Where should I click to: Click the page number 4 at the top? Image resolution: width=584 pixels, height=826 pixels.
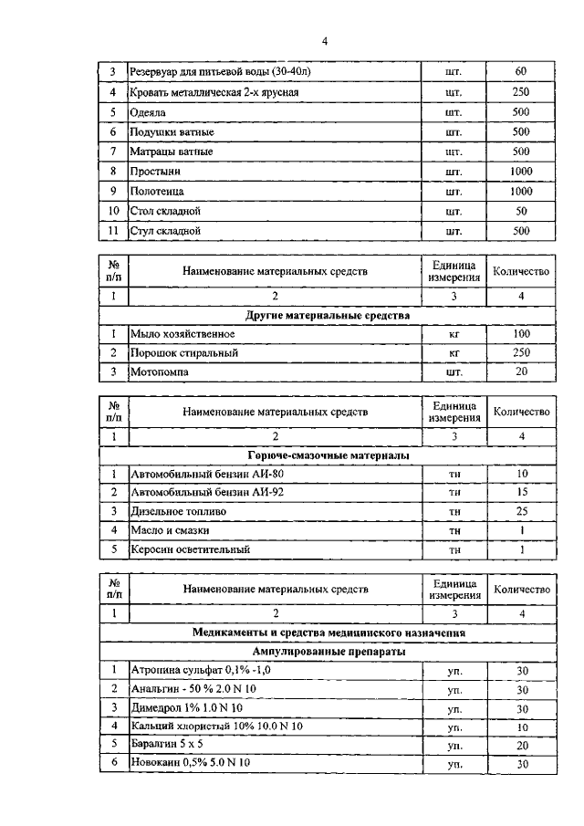pos(324,41)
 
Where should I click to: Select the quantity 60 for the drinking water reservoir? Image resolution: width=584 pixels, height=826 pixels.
pos(521,71)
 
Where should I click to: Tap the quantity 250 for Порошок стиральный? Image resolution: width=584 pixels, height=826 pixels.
pos(521,352)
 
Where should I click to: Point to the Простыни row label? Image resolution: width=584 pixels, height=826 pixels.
pos(155,172)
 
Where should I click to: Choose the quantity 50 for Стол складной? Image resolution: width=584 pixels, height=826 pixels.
pos(521,212)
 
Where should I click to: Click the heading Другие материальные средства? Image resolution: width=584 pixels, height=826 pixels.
pos(328,315)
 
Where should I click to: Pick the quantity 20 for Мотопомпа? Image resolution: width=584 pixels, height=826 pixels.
pos(521,372)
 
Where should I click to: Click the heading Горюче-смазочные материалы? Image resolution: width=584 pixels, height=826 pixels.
pos(328,455)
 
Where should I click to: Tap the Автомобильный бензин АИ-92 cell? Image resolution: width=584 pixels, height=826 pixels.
pos(194,493)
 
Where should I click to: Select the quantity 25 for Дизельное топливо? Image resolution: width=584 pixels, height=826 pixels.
pos(521,512)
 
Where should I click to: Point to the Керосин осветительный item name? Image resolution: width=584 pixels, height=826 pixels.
pos(190,550)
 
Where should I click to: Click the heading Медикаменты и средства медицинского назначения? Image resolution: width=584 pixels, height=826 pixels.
pos(328,633)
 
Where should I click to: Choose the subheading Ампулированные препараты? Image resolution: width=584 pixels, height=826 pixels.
pos(328,652)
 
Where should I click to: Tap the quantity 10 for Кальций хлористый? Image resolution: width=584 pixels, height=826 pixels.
pos(521,727)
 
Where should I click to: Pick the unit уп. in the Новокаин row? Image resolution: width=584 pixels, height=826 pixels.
pos(454,764)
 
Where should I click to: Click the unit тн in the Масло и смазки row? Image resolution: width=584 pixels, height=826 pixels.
pos(454,531)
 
